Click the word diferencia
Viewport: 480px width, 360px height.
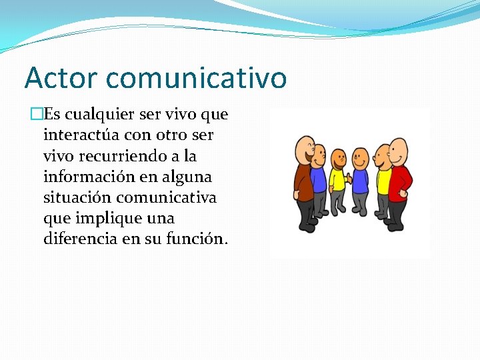click(81, 239)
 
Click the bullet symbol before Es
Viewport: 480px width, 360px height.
click(37, 115)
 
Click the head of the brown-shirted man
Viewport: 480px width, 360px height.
click(305, 147)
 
